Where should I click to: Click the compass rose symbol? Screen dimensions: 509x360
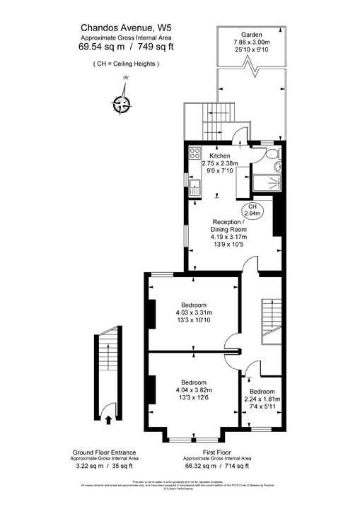pos(122,103)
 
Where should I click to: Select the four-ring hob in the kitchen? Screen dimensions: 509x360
pos(196,153)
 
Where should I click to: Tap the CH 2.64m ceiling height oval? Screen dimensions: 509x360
pos(252,209)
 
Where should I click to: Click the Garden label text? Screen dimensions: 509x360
pos(252,35)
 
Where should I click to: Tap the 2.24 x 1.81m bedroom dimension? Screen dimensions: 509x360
pos(263,399)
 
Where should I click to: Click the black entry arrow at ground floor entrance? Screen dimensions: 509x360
pos(108,419)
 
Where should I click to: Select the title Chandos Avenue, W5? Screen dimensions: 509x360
pos(126,29)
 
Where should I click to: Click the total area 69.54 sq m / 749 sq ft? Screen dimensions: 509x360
pos(126,47)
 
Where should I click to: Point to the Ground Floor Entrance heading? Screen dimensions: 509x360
pos(105,452)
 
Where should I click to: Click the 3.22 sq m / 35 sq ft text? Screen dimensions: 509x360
pos(105,466)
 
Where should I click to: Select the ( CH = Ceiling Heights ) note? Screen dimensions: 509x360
pos(126,64)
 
